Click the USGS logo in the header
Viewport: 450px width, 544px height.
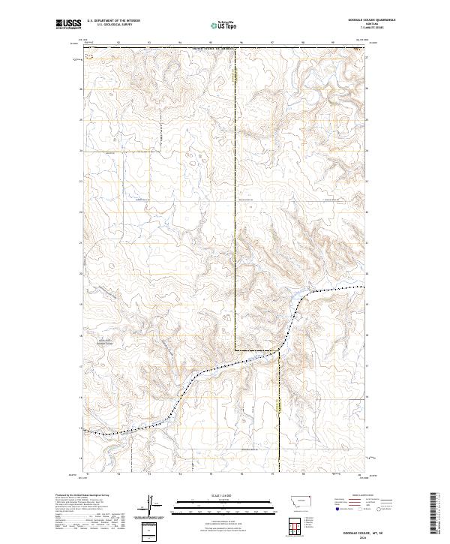tap(68, 24)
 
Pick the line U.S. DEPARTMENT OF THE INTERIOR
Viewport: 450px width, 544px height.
tap(113, 21)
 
